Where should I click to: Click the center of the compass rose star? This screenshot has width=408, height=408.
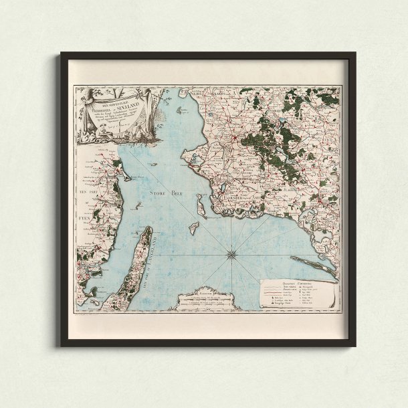(x=231, y=253)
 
